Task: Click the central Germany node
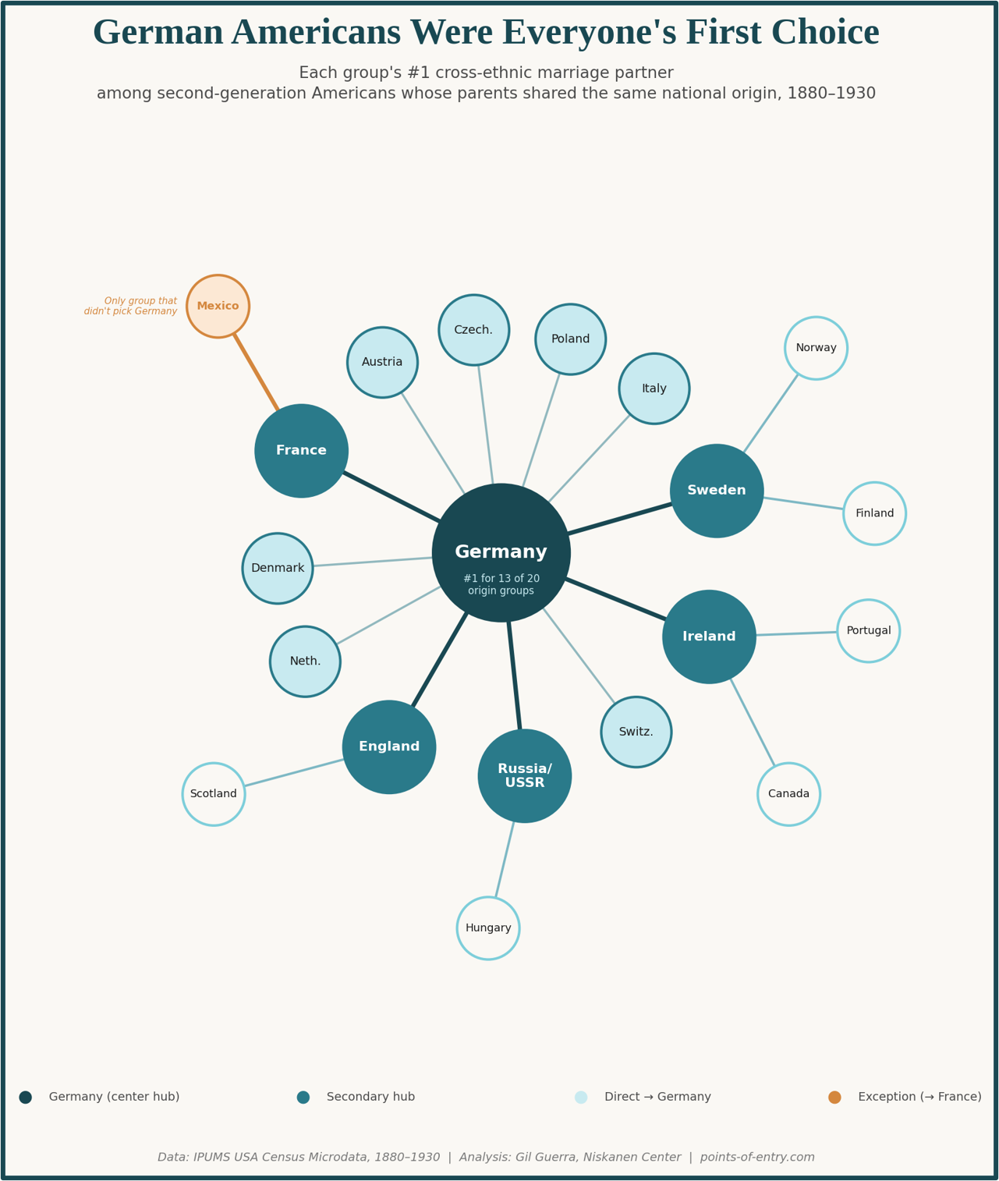click(501, 552)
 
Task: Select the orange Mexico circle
click(218, 306)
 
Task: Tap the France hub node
click(301, 450)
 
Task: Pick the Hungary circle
click(488, 927)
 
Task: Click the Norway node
click(816, 348)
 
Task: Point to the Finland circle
click(874, 513)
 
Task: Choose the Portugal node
click(868, 630)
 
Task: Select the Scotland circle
click(214, 793)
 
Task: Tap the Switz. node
click(636, 732)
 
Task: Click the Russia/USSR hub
click(524, 775)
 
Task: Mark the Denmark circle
click(278, 568)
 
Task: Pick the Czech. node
click(473, 330)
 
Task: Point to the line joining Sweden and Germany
click(620, 519)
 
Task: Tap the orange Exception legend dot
click(834, 1097)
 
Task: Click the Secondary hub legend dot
click(303, 1097)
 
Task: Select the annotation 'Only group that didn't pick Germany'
click(131, 306)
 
